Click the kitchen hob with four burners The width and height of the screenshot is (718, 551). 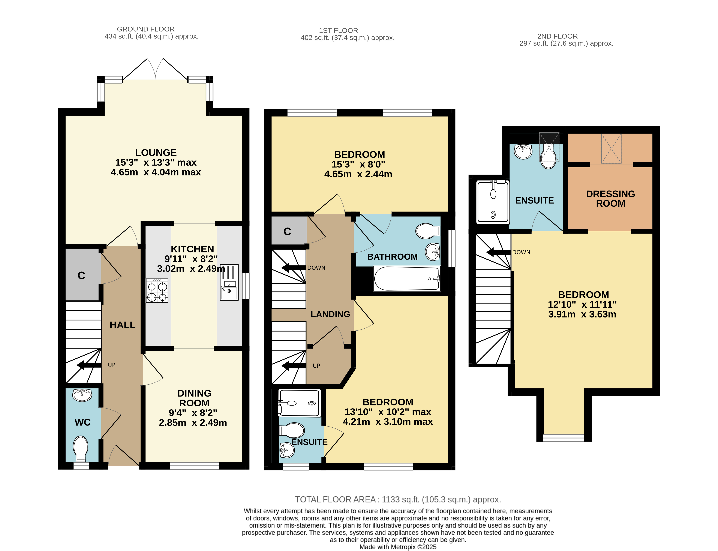click(x=157, y=291)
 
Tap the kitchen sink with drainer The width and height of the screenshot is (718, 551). click(x=229, y=282)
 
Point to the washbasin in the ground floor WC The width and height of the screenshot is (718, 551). click(x=82, y=395)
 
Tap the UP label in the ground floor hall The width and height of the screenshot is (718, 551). click(x=112, y=365)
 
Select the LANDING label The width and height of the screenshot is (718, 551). click(x=330, y=314)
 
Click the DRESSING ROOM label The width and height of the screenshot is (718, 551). click(x=610, y=199)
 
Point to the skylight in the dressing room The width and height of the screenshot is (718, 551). click(x=611, y=149)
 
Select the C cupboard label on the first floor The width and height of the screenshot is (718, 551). click(x=287, y=232)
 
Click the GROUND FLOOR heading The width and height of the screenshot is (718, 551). click(x=146, y=29)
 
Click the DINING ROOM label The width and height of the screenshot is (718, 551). click(x=194, y=398)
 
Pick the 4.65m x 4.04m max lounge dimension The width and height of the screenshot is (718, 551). click(x=156, y=172)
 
